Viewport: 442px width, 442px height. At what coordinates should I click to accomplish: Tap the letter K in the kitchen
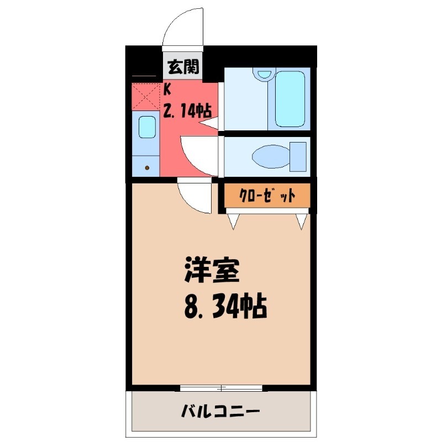click(167, 89)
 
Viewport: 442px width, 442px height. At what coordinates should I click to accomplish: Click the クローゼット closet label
click(266, 196)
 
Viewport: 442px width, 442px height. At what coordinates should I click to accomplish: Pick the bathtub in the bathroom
click(290, 98)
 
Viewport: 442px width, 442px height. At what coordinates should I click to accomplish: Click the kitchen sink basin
click(146, 128)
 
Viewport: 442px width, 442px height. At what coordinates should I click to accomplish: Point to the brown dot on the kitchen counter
click(147, 167)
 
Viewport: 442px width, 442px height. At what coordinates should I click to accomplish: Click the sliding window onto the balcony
click(221, 387)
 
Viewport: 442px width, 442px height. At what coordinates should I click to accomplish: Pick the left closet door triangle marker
click(234, 222)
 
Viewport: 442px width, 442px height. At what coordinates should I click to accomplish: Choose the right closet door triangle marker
click(302, 222)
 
